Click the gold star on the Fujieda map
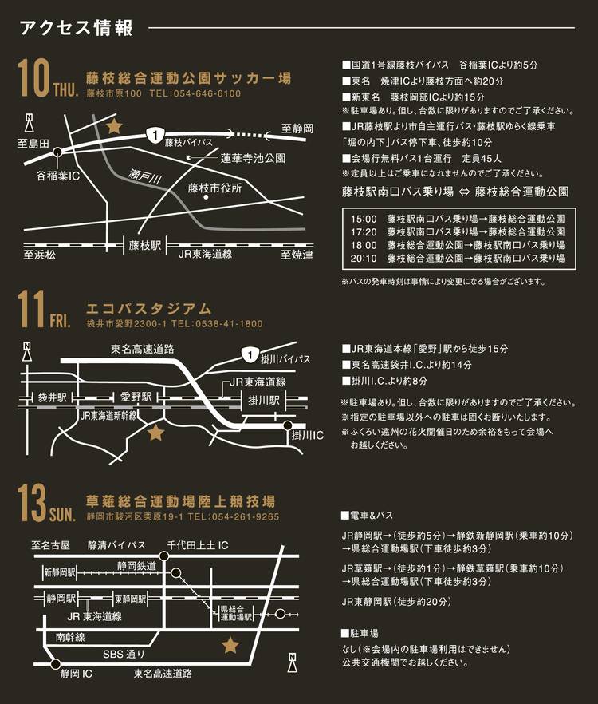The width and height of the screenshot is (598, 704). (x=114, y=126)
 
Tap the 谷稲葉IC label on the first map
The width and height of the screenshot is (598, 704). (x=58, y=176)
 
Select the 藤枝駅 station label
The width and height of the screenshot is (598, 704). (x=144, y=246)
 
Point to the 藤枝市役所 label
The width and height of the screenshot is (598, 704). (x=215, y=188)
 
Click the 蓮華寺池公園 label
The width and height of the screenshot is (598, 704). (x=253, y=158)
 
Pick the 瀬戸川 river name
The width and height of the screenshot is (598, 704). (x=144, y=176)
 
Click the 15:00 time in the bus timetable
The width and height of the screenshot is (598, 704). (x=364, y=219)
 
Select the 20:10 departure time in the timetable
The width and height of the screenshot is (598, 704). (x=364, y=258)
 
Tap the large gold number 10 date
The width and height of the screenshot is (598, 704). (x=33, y=79)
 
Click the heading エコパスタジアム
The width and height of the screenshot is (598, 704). (x=148, y=309)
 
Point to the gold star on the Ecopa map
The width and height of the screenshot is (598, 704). (x=155, y=433)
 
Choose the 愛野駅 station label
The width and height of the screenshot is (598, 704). (x=136, y=397)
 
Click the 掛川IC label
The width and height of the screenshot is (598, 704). (x=307, y=435)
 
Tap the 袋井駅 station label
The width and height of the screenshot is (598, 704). (x=53, y=397)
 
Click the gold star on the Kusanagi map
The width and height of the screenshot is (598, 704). (x=230, y=645)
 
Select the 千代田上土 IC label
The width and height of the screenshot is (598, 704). (x=198, y=545)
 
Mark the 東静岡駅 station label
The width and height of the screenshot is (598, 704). (x=130, y=599)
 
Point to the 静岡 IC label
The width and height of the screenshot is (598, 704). (x=77, y=674)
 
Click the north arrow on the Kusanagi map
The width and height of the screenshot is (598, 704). (x=292, y=662)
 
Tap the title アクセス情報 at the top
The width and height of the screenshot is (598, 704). (x=77, y=28)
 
